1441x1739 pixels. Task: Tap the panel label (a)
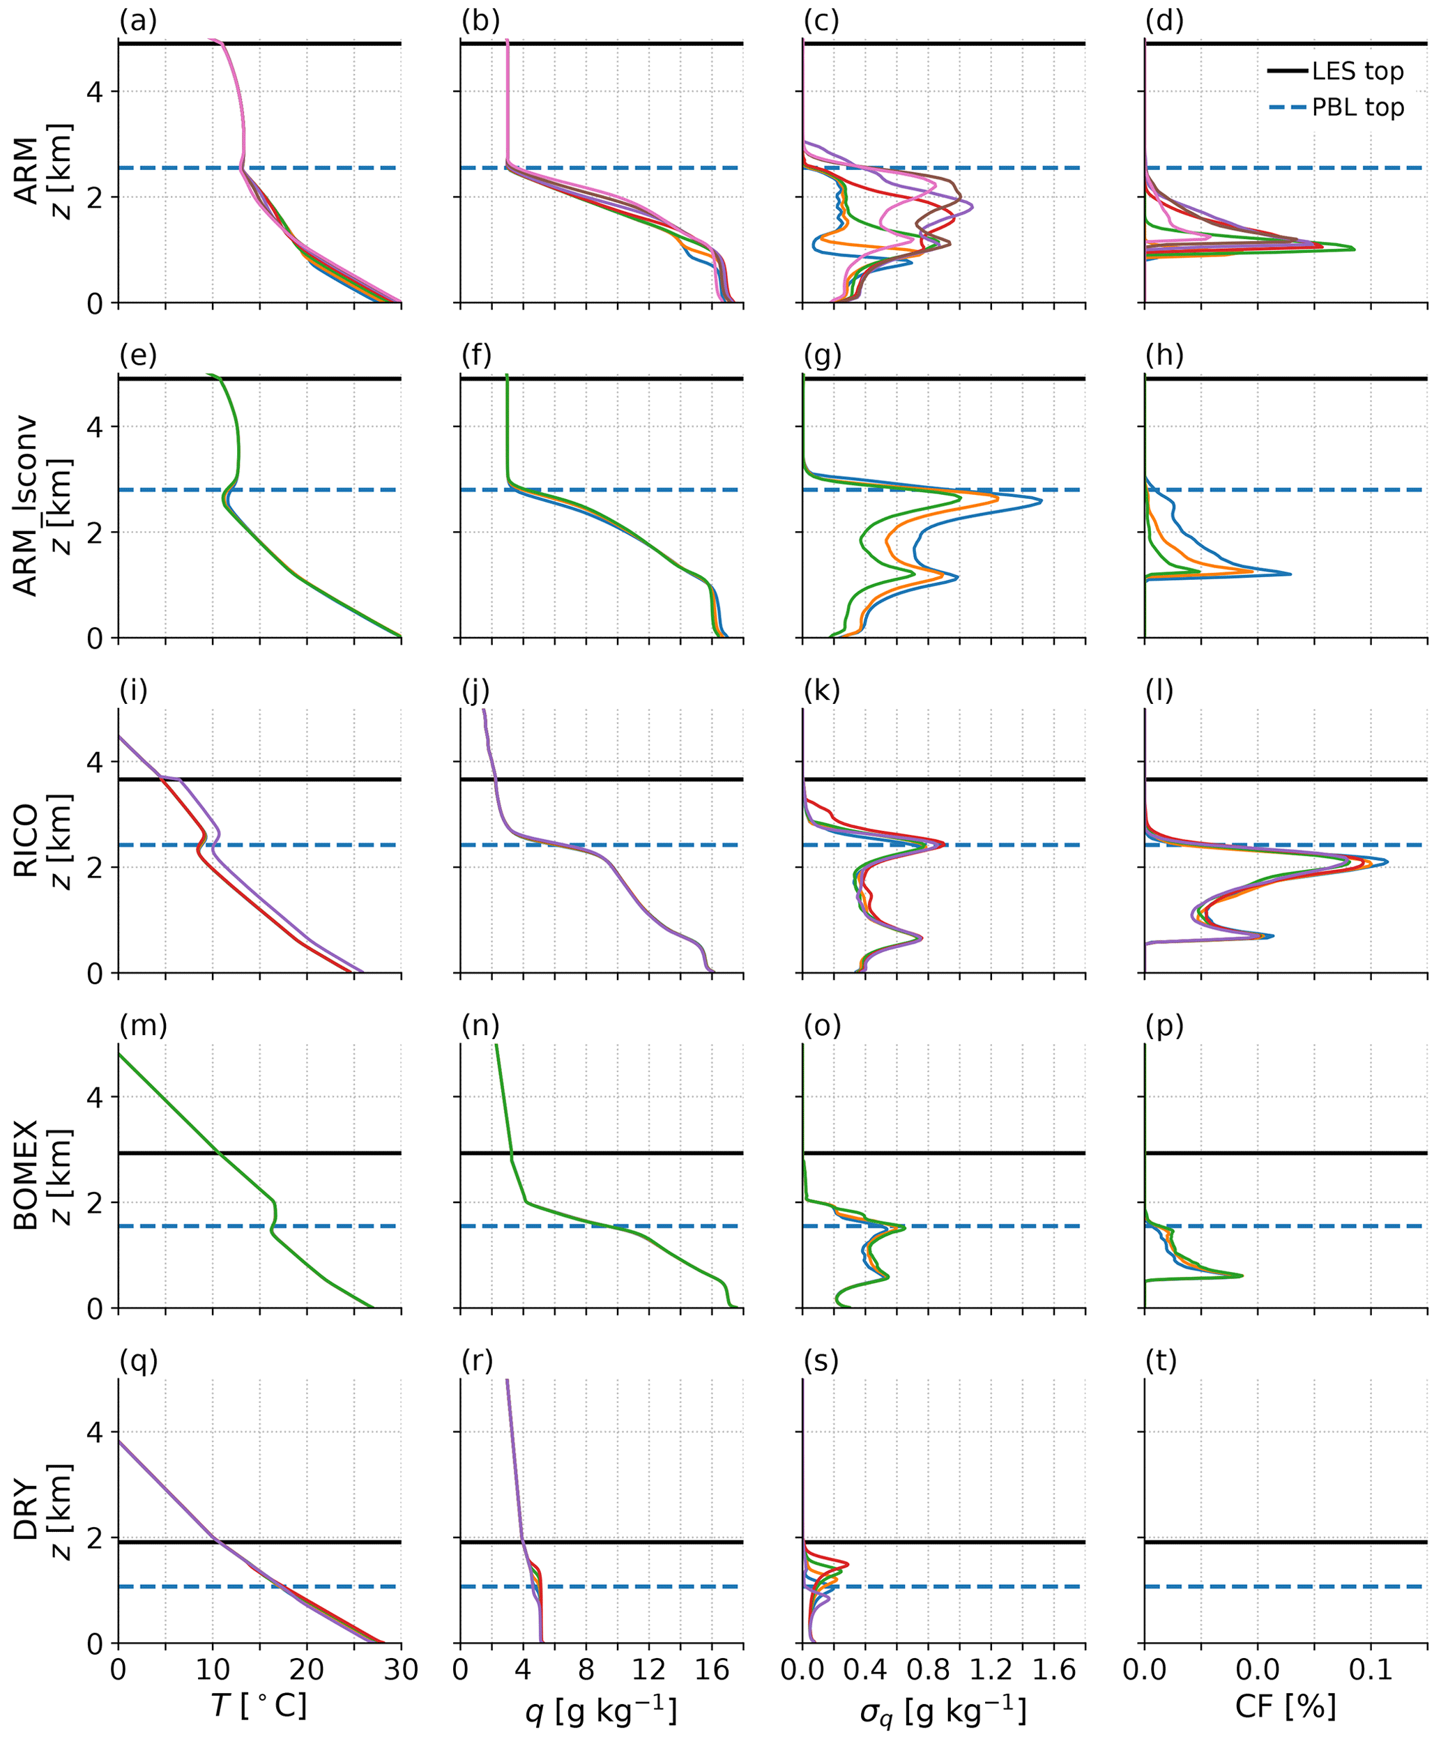tap(137, 21)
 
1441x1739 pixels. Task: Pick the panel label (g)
tap(821, 355)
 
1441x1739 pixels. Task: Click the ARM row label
tap(26, 171)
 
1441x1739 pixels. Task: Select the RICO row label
tap(26, 840)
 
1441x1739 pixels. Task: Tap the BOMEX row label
tap(26, 1175)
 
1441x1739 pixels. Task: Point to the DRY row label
tap(26, 1510)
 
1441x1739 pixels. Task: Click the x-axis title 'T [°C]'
tap(259, 1706)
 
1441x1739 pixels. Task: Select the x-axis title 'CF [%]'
tap(1286, 1706)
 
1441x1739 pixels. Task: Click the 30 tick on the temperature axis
tap(401, 1669)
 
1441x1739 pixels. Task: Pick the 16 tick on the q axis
tap(712, 1669)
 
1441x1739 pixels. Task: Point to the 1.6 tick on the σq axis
tap(1054, 1669)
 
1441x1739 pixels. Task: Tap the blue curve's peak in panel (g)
tap(1041, 501)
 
